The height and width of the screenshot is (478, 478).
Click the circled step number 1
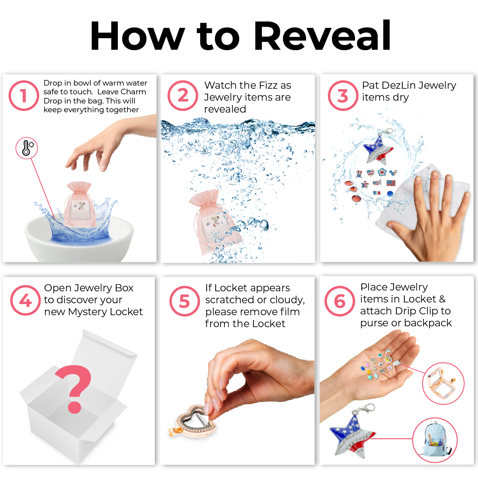click(x=24, y=96)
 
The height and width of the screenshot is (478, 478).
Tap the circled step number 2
click(x=183, y=96)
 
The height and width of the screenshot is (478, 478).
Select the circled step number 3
click(x=343, y=96)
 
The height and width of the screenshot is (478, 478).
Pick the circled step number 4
click(x=25, y=300)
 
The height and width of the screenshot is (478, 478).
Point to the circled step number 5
click(x=185, y=301)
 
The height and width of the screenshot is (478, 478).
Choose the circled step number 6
click(x=339, y=301)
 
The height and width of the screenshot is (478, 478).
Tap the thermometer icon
click(x=27, y=148)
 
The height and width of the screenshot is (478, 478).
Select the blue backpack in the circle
click(x=436, y=439)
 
